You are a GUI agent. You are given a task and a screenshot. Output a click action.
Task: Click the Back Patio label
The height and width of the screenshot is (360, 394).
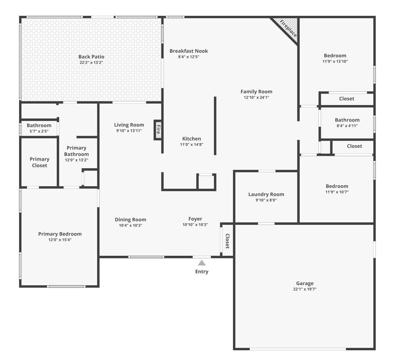(x=91, y=57)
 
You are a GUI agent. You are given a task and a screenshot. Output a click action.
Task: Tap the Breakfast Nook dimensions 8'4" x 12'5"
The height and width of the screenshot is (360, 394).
(x=189, y=57)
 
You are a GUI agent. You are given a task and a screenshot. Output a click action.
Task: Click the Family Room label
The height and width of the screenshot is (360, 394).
(x=256, y=92)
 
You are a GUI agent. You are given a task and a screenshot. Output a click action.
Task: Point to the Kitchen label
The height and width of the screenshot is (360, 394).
(x=192, y=139)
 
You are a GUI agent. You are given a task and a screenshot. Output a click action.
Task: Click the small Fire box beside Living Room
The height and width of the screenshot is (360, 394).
(x=158, y=130)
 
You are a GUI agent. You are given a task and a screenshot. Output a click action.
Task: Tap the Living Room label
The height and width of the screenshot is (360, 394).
(x=129, y=125)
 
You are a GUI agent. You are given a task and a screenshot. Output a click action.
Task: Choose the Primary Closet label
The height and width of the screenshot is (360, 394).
(x=39, y=162)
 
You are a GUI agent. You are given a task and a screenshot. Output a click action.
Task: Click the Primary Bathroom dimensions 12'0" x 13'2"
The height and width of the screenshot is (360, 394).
(x=76, y=160)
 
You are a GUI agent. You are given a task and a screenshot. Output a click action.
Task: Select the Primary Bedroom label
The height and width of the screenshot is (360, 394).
(x=60, y=234)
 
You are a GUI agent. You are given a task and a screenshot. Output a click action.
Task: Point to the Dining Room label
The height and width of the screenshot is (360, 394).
(x=130, y=220)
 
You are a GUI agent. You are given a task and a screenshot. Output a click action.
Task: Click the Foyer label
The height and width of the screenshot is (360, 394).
(x=195, y=219)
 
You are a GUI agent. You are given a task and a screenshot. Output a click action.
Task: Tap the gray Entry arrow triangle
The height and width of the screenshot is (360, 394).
(x=202, y=263)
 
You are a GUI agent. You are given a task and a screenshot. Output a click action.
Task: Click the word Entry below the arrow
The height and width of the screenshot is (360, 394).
(x=202, y=272)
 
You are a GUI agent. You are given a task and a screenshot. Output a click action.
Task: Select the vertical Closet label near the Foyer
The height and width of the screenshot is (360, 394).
(x=227, y=241)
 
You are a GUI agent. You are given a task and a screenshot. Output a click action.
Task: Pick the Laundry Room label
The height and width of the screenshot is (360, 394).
(x=266, y=194)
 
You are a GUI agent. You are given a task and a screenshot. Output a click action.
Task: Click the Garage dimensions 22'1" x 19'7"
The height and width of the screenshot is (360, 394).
(x=305, y=289)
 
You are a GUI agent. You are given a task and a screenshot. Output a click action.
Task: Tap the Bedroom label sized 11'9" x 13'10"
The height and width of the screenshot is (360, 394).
(x=335, y=56)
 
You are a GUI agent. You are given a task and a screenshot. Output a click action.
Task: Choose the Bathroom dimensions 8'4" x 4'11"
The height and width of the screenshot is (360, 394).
(x=347, y=126)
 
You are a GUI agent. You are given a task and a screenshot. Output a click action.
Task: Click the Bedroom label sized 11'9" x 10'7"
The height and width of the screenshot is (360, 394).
(x=337, y=186)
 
